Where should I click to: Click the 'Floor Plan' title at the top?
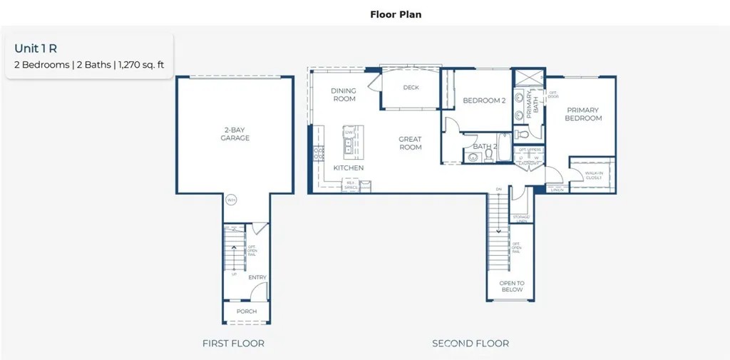[396, 14]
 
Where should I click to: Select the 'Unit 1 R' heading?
[35, 48]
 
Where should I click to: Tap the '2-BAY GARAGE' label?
[235, 134]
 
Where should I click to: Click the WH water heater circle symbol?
[231, 200]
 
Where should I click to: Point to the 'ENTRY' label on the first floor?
[257, 277]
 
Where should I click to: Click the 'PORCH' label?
[247, 312]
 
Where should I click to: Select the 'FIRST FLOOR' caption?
[233, 344]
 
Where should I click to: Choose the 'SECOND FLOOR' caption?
[471, 344]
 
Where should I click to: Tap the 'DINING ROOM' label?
[344, 95]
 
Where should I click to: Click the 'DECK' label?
[411, 88]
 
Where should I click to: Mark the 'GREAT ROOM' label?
[410, 143]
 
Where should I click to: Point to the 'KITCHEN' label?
[349, 168]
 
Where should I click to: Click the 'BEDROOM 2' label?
[484, 101]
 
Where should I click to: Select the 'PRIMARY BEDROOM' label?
[582, 114]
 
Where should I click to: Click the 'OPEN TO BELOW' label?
[512, 287]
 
